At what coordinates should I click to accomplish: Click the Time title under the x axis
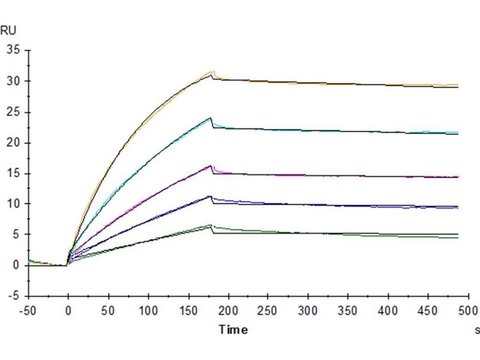(x=233, y=329)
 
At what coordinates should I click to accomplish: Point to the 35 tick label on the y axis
(x=13, y=50)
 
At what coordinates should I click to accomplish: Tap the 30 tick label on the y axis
(x=13, y=81)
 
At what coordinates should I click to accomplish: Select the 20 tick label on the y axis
(x=13, y=142)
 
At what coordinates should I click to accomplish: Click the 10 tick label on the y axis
(x=13, y=203)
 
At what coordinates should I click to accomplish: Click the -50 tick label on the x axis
(x=29, y=311)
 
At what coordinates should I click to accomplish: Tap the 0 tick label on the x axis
(x=68, y=311)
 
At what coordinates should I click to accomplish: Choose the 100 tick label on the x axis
(x=148, y=311)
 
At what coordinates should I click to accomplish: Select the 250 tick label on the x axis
(x=268, y=311)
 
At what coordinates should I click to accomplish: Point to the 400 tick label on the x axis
(x=388, y=311)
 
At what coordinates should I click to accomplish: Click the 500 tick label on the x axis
(x=467, y=311)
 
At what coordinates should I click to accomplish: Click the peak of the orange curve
(x=211, y=72)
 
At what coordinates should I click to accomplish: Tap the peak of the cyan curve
(x=211, y=118)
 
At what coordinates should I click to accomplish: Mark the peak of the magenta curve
(x=211, y=166)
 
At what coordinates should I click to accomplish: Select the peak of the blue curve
(x=210, y=196)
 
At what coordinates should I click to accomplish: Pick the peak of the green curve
(x=211, y=225)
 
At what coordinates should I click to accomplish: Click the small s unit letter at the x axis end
(x=477, y=329)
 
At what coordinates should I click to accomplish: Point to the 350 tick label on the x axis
(x=348, y=311)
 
